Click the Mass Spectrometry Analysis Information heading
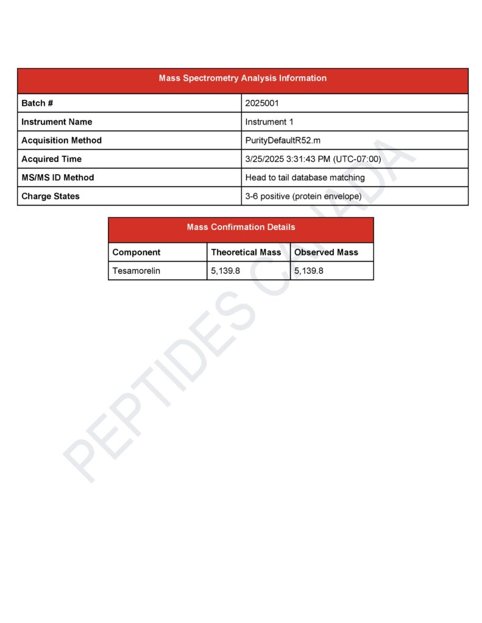pos(243,78)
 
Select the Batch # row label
pos(37,103)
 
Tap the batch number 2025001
pos(262,103)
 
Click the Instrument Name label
pos(57,122)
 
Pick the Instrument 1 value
pos(269,122)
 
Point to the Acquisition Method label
pos(62,141)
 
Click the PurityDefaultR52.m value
pos(283,141)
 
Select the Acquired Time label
pos(51,159)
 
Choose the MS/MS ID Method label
pos(58,178)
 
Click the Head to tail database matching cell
pos(305,178)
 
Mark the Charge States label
pos(51,197)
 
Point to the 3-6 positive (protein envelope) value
pos(303,197)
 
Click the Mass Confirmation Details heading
pos(241,228)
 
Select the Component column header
pos(136,252)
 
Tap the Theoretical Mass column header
pos(246,252)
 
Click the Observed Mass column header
pos(326,252)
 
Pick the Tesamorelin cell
pos(136,271)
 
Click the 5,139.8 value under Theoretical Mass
pos(225,271)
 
